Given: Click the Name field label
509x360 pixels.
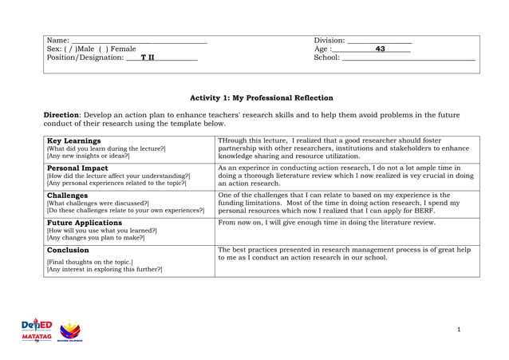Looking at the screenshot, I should click(58, 41).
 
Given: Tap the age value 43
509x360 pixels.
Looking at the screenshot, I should click(381, 49).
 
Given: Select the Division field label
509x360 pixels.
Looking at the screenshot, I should click(329, 41).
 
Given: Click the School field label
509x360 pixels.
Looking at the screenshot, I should click(327, 57).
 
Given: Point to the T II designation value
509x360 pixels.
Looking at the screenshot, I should click(148, 57).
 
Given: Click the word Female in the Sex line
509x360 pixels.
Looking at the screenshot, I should click(123, 49).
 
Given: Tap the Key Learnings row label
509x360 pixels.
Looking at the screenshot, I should click(74, 140).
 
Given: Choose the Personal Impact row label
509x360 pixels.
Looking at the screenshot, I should click(77, 168).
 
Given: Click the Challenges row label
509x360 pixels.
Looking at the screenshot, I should click(68, 195).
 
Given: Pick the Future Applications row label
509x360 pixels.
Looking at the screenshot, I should click(85, 223).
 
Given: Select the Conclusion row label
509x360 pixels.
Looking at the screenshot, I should click(68, 250).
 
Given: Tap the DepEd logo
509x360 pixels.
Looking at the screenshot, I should click(37, 326).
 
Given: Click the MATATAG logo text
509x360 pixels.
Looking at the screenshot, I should click(37, 337).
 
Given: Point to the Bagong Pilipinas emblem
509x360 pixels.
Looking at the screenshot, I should click(70, 330).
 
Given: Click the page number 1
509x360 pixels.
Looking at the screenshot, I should click(460, 330).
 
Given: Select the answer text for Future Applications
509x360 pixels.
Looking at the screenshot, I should click(326, 223).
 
